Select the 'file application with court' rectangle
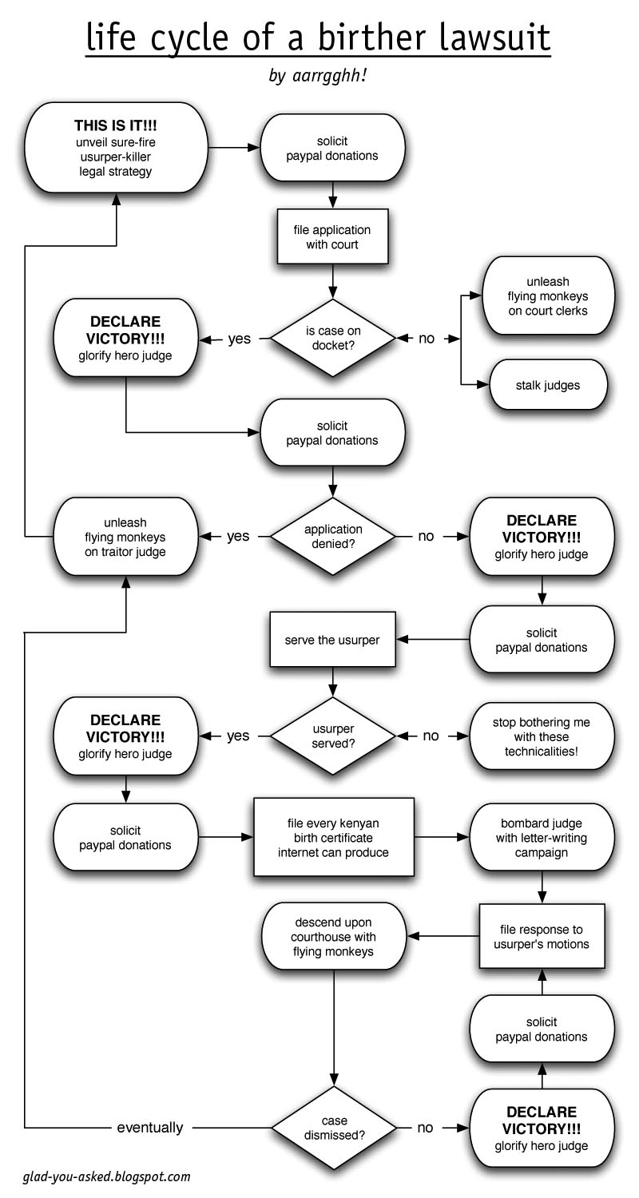pyautogui.click(x=332, y=237)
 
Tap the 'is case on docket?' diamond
pyautogui.click(x=332, y=338)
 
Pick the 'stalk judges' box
pyautogui.click(x=548, y=385)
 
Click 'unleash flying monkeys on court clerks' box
pyautogui.click(x=548, y=296)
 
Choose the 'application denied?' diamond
pyautogui.click(x=332, y=536)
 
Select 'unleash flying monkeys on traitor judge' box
pyautogui.click(x=125, y=538)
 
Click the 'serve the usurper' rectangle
pyautogui.click(x=332, y=641)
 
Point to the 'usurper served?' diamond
pyautogui.click(x=332, y=736)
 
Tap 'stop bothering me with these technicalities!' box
pyautogui.click(x=542, y=736)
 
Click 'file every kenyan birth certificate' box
pyautogui.click(x=333, y=838)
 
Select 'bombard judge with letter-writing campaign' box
pyautogui.click(x=542, y=838)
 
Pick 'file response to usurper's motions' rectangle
pyautogui.click(x=543, y=937)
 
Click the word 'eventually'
pyautogui.click(x=150, y=1128)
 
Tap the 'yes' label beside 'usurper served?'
pyautogui.click(x=238, y=736)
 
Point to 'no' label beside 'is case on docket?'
pyautogui.click(x=427, y=339)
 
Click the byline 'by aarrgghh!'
pyautogui.click(x=319, y=77)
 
